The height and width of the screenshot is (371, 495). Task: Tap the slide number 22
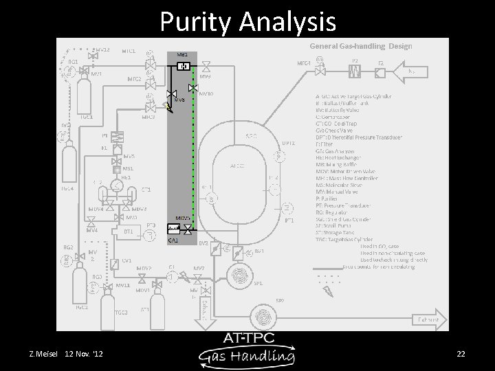click(461, 354)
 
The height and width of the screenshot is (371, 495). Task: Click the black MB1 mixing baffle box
click(184, 66)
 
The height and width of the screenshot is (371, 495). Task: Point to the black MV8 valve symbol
click(172, 93)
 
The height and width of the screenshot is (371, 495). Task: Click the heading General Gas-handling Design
click(361, 46)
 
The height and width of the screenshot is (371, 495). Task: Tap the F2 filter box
click(381, 69)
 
